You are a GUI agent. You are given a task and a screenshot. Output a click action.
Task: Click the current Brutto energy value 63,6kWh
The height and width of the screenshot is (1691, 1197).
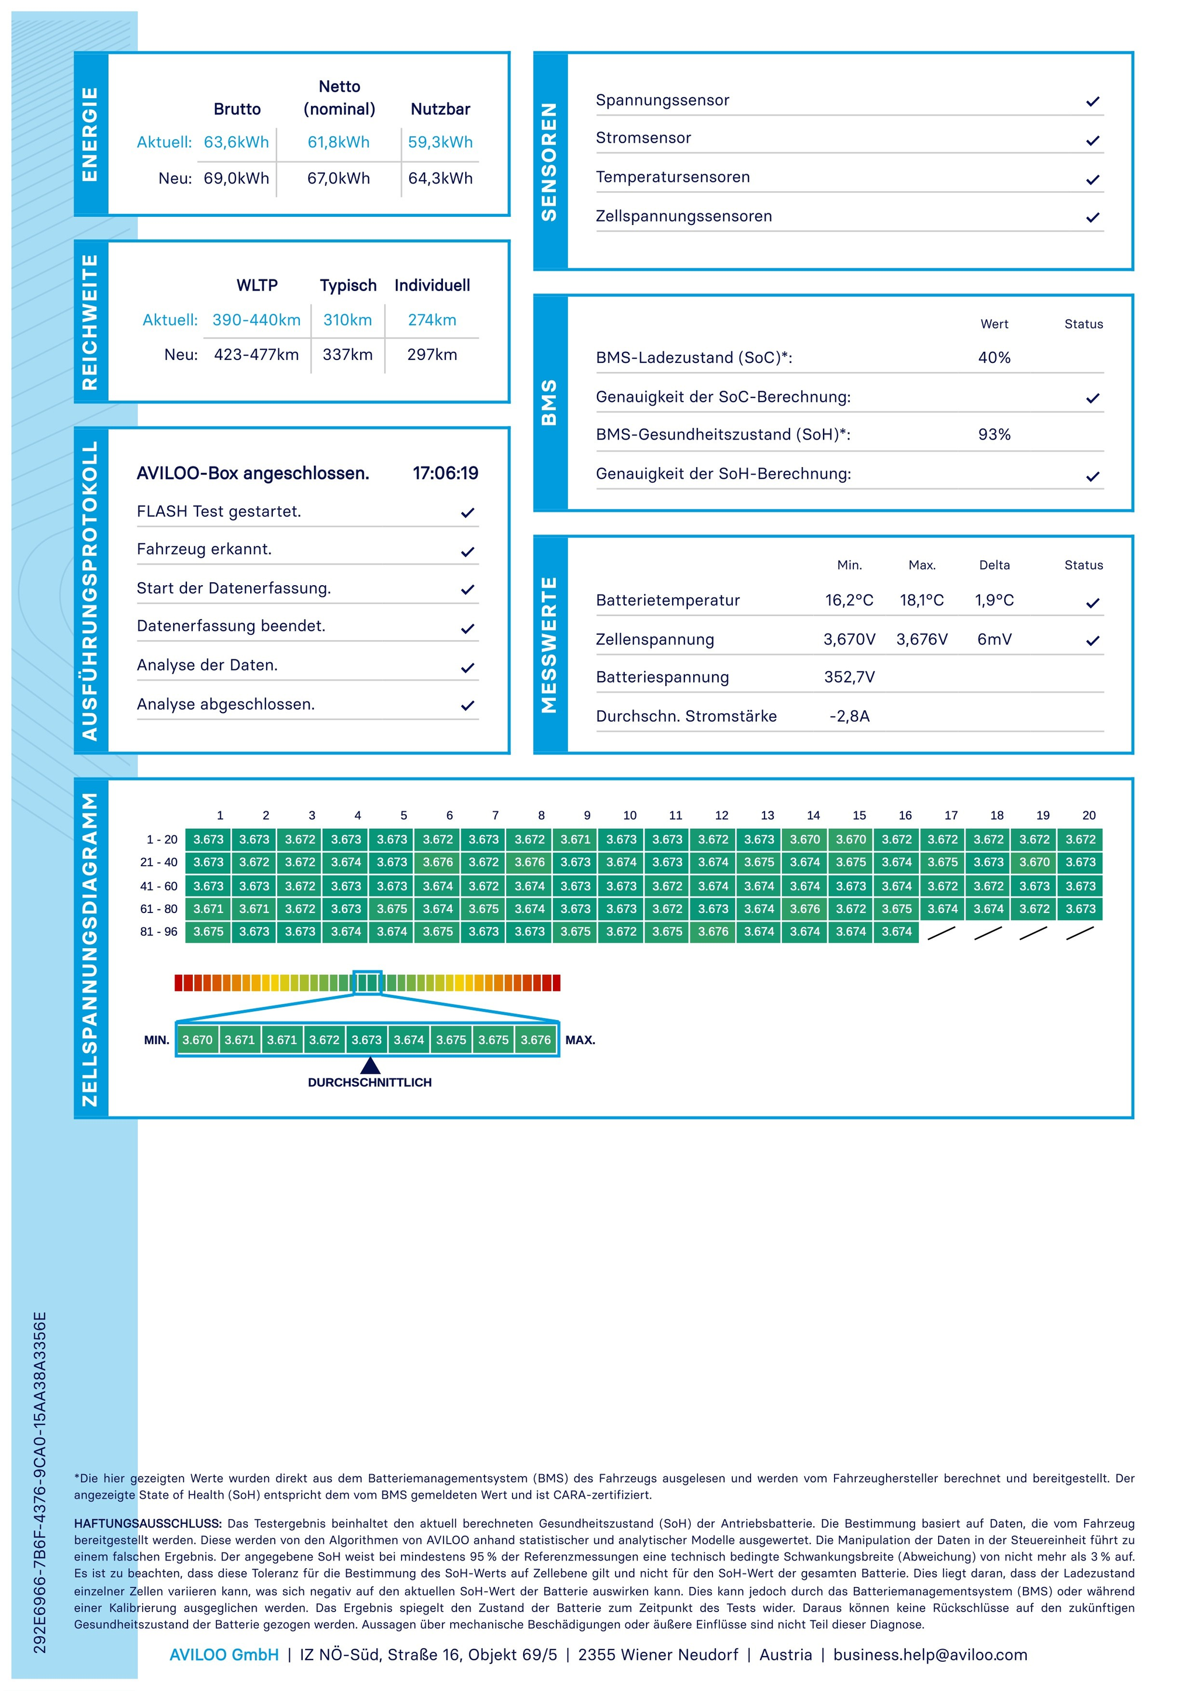point(236,142)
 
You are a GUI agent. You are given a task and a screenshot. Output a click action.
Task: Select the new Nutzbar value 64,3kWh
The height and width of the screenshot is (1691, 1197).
point(440,178)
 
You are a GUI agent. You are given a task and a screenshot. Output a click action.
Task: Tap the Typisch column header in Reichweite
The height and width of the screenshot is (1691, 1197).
point(348,285)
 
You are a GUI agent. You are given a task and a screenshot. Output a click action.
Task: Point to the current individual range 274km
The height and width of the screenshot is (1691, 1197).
point(432,320)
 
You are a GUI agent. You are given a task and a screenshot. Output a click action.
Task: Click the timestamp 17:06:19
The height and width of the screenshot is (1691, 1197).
point(445,473)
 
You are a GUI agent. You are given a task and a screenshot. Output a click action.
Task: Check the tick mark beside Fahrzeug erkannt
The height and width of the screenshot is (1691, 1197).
point(468,551)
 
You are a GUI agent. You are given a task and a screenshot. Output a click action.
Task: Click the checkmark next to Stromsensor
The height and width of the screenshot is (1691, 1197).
point(1092,140)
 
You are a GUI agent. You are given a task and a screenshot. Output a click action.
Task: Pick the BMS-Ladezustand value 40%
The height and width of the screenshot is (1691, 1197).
point(994,358)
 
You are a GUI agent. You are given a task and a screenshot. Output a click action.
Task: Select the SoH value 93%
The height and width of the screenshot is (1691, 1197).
point(994,434)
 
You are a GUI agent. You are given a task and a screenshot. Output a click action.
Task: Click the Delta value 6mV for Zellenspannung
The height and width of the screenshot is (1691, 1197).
point(994,639)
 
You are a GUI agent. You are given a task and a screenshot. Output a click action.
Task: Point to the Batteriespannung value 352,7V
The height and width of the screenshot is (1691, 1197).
point(849,677)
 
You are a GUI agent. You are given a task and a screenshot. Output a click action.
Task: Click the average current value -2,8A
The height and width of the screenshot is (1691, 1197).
point(849,716)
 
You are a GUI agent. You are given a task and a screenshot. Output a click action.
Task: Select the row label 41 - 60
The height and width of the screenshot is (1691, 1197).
point(158,886)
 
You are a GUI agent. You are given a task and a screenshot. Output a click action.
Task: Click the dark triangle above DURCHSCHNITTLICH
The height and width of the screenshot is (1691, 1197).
point(370,1065)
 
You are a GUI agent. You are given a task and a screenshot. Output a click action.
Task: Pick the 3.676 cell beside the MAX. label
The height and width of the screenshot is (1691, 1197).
point(536,1039)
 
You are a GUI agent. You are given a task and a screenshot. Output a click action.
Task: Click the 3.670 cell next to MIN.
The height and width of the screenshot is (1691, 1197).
point(197,1039)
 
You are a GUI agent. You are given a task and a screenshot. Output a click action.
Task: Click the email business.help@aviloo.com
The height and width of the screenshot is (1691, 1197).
point(929,1654)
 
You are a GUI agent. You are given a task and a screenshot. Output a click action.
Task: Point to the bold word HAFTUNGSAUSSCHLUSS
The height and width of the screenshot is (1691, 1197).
point(147,1523)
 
